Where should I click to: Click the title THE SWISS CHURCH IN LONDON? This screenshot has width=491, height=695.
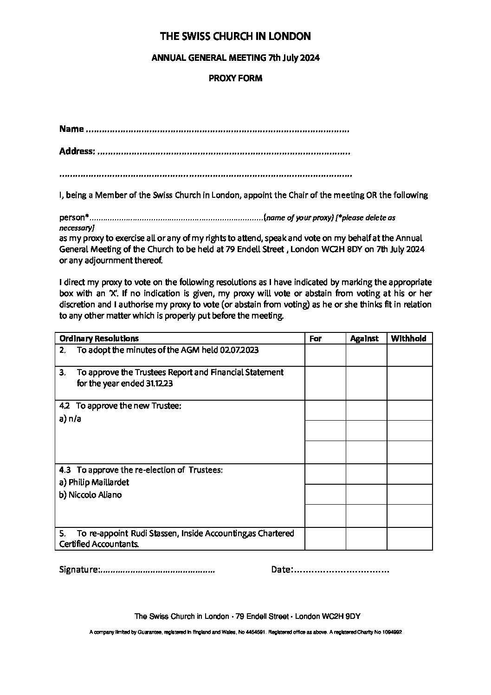[235, 36]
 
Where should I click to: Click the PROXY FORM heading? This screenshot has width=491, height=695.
[235, 78]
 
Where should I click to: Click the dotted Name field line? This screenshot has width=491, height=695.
[218, 130]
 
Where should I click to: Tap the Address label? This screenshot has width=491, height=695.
[77, 151]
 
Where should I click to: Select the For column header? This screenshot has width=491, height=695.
[316, 338]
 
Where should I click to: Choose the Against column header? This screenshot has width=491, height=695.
[364, 338]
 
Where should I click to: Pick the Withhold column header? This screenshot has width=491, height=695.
[408, 338]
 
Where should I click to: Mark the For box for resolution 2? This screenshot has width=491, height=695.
[325, 355]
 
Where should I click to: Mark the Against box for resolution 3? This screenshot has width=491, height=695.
[366, 383]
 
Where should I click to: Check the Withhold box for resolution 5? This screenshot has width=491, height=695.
[409, 539]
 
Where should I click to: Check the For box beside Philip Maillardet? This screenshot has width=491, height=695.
[325, 474]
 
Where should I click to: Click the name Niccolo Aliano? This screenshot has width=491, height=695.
[95, 495]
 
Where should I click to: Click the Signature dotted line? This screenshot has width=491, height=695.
[158, 570]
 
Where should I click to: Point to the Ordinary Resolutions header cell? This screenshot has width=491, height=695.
[99, 338]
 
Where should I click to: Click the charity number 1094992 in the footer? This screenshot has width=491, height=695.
[390, 632]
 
